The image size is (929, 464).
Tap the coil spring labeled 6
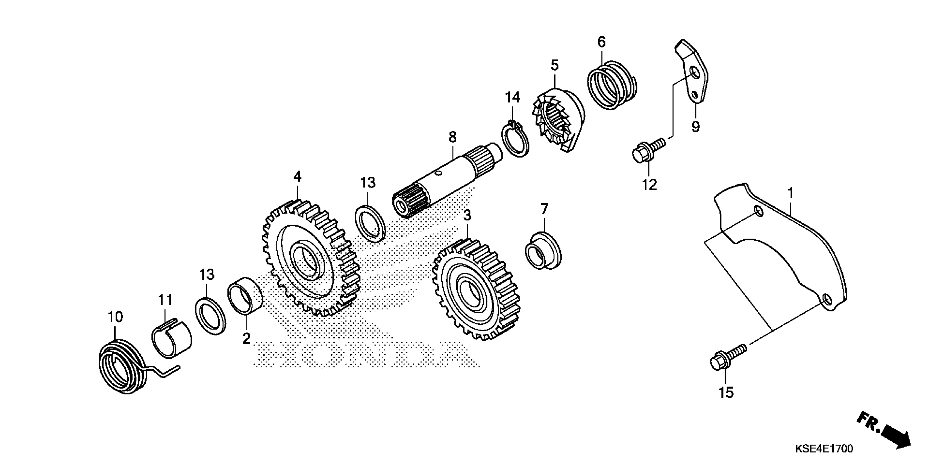(x=612, y=85)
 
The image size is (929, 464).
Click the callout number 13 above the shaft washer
(x=368, y=183)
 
